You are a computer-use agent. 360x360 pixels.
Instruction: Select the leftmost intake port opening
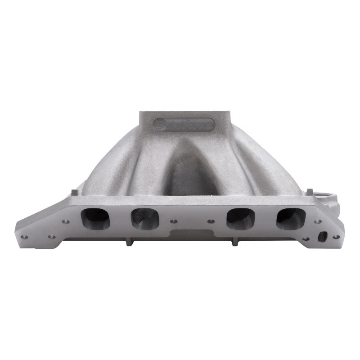pyautogui.click(x=95, y=218)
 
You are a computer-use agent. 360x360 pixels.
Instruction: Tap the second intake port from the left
pyautogui.click(x=145, y=219)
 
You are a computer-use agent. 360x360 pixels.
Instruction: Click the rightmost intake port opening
pyautogui.click(x=291, y=218)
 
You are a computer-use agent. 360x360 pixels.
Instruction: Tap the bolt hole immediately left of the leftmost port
pyautogui.click(x=66, y=221)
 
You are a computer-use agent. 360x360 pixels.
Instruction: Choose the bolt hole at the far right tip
pyautogui.click(x=336, y=237)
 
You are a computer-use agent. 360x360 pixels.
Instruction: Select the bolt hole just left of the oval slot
pyautogui.click(x=306, y=238)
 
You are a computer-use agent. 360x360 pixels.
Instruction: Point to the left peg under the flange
pyautogui.click(x=128, y=243)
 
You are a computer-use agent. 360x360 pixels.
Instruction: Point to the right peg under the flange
pyautogui.click(x=233, y=243)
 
